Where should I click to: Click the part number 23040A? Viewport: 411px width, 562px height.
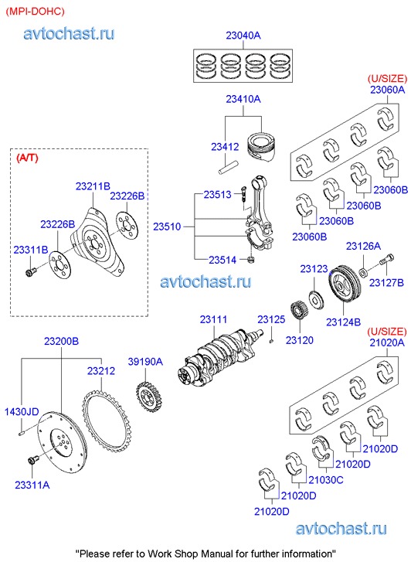[243, 35]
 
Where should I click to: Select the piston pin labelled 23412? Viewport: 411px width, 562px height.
[228, 168]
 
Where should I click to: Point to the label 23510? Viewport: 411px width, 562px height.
[167, 227]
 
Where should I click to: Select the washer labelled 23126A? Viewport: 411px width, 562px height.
[362, 272]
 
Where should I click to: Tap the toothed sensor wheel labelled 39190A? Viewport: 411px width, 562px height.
[148, 397]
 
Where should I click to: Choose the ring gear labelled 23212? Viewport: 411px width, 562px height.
[107, 421]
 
